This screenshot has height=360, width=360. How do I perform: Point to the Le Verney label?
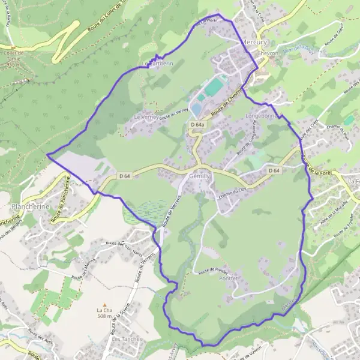(146, 117)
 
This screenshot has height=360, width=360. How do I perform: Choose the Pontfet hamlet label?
(229, 278)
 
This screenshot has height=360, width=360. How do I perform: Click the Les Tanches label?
(127, 338)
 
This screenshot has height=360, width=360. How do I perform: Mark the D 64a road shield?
(198, 125)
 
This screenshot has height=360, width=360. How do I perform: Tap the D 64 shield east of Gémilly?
(274, 171)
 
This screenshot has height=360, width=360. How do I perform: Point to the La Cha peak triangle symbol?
(104, 304)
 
